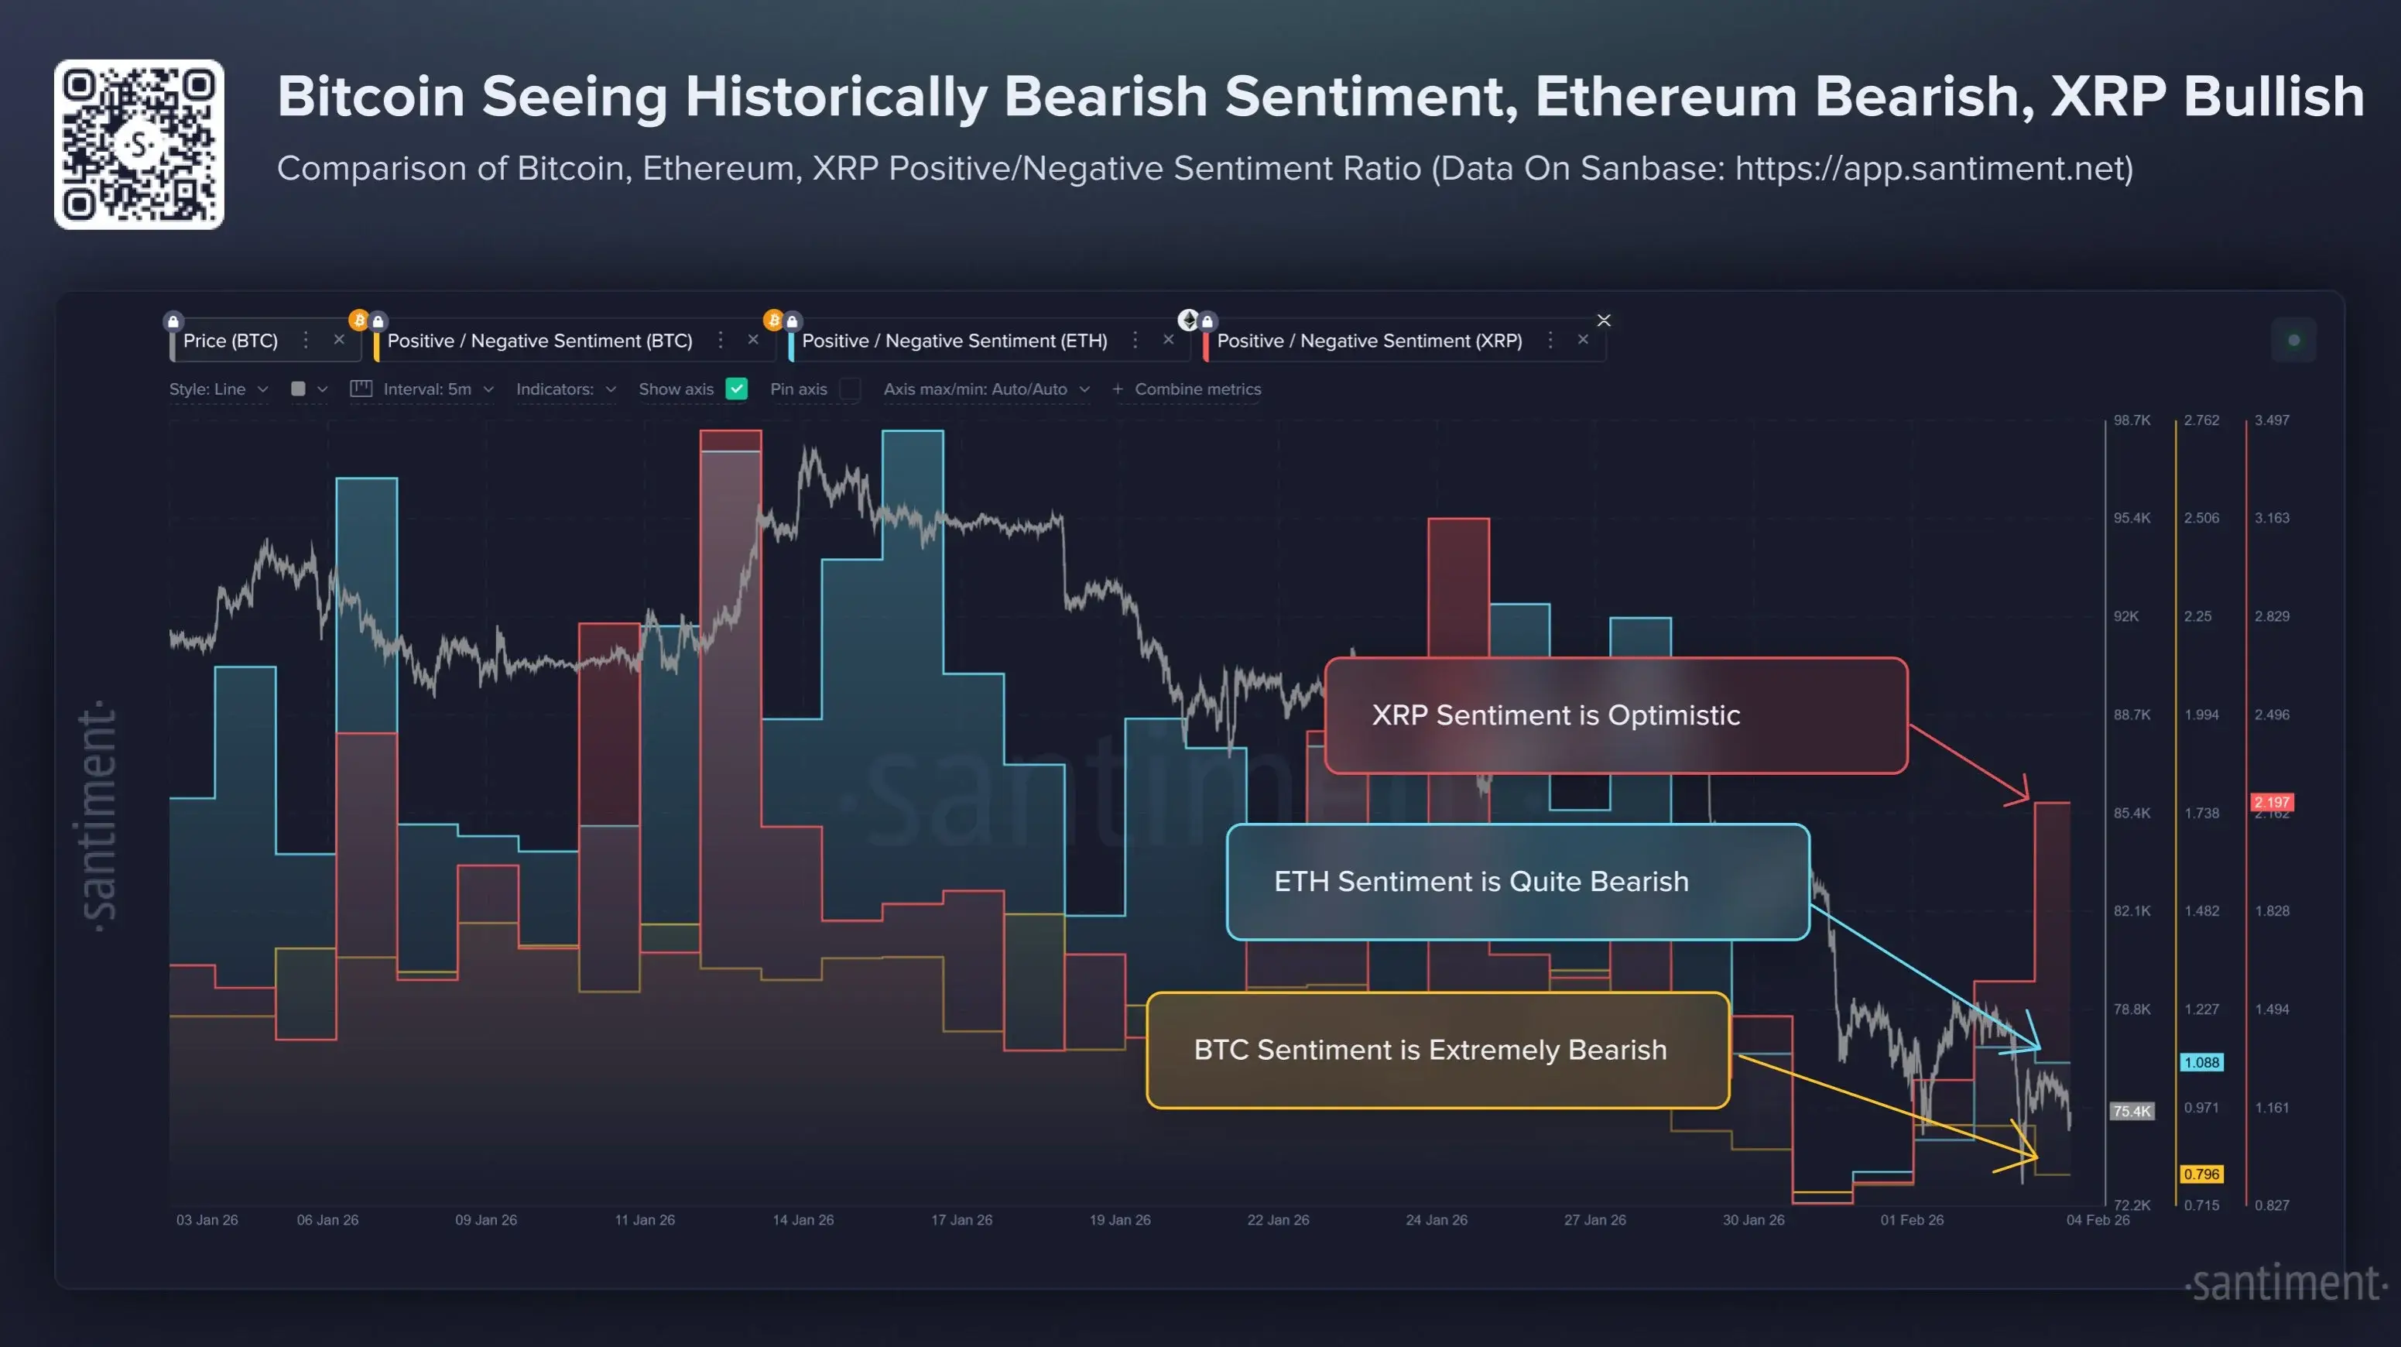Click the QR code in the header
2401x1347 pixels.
(x=139, y=145)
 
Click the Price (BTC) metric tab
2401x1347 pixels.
(x=230, y=341)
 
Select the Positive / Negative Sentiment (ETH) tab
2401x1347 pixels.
(x=954, y=341)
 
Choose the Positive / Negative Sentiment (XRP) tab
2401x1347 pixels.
(x=1368, y=341)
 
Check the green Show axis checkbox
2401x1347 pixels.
(x=736, y=389)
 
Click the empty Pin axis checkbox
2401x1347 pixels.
(x=849, y=389)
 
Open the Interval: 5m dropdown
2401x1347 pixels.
(x=427, y=389)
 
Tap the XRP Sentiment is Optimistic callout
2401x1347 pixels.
(x=1615, y=716)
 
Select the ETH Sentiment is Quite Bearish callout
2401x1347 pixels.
(x=1517, y=882)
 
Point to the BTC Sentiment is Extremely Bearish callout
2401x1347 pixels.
(x=1437, y=1051)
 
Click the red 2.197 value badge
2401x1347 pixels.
(x=2272, y=802)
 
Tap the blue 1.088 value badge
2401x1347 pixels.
(x=2201, y=1063)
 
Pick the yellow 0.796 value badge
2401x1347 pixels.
(x=2201, y=1174)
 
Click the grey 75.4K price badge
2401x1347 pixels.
(x=2132, y=1111)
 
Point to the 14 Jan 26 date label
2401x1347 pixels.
(x=803, y=1220)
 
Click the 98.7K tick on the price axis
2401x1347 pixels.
(x=2132, y=420)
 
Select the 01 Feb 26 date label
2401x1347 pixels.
(x=1912, y=1220)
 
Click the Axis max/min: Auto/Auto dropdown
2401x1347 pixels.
(x=985, y=389)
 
